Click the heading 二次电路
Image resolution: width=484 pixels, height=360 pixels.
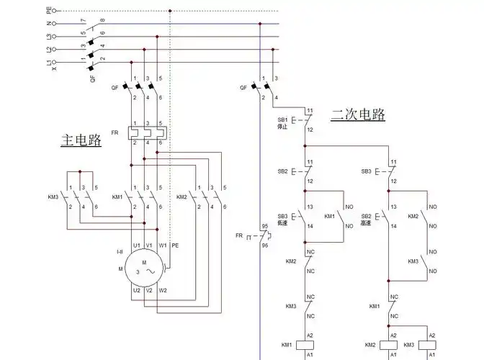(x=358, y=114)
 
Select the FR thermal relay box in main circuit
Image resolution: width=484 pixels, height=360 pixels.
(x=146, y=132)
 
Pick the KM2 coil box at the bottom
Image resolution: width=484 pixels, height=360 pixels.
(x=393, y=346)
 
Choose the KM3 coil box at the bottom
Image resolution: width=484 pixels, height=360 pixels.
(x=431, y=346)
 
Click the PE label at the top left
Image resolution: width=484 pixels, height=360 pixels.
(x=49, y=11)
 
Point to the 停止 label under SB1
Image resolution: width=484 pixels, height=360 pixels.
(x=282, y=127)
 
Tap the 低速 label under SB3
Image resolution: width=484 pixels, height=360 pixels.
(x=282, y=223)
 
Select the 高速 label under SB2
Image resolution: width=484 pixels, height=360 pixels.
(x=366, y=223)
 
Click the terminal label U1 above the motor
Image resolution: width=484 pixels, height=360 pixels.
(x=136, y=246)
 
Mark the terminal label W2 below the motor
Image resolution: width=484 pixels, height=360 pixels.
(x=163, y=290)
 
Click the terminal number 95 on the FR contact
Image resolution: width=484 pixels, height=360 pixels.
(x=264, y=226)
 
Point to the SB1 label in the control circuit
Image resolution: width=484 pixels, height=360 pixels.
(x=282, y=119)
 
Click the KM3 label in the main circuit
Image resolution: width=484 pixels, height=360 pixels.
(x=53, y=197)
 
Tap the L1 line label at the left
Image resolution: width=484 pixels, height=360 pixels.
(x=49, y=63)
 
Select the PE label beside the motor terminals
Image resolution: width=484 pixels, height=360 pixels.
(x=175, y=246)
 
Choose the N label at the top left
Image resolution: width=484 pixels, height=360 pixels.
(x=49, y=24)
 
